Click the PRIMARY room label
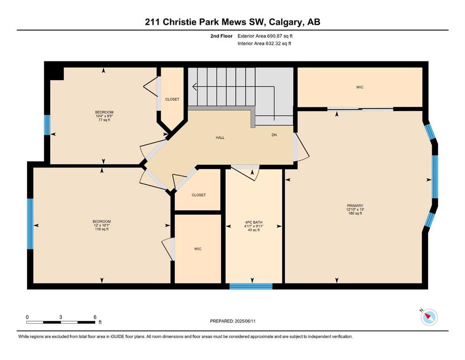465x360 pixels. click(x=355, y=205)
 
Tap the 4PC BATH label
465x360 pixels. click(x=253, y=222)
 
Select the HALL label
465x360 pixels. click(x=220, y=138)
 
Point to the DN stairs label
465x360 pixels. click(x=274, y=135)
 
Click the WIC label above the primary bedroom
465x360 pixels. click(x=360, y=87)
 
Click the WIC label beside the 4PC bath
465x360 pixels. click(x=198, y=249)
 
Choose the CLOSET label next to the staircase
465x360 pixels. click(x=172, y=99)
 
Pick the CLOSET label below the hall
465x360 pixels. click(x=199, y=195)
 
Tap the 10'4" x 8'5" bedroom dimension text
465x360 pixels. click(x=104, y=116)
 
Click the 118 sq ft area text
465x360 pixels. click(x=102, y=229)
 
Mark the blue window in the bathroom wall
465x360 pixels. click(x=251, y=286)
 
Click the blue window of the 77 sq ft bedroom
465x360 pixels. click(x=47, y=125)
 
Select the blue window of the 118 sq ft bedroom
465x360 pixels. click(x=30, y=224)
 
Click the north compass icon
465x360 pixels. click(x=429, y=317)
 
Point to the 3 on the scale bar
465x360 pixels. click(x=60, y=317)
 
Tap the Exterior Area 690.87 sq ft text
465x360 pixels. click(x=265, y=36)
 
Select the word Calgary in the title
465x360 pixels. click(x=286, y=22)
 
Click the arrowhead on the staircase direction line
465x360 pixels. click(x=194, y=87)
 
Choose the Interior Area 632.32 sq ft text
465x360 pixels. click(x=264, y=44)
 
